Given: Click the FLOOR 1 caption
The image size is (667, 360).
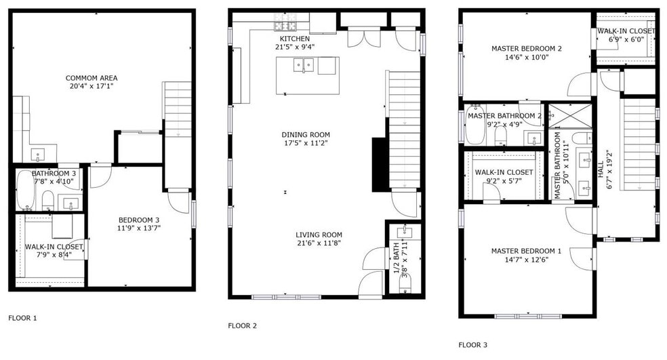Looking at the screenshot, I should pyautogui.click(x=22, y=317).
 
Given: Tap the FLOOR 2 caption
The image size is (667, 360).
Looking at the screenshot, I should pyautogui.click(x=242, y=325).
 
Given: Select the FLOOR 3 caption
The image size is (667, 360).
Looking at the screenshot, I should pyautogui.click(x=472, y=344).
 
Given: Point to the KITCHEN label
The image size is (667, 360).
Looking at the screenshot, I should pyautogui.click(x=294, y=39).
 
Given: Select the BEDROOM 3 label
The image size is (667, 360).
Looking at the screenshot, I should pyautogui.click(x=139, y=220).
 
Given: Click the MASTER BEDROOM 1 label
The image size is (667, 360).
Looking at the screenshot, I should pyautogui.click(x=526, y=251).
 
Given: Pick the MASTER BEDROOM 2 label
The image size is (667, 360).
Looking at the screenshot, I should pyautogui.click(x=526, y=49).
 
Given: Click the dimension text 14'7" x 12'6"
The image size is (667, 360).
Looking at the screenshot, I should pyautogui.click(x=526, y=260).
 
